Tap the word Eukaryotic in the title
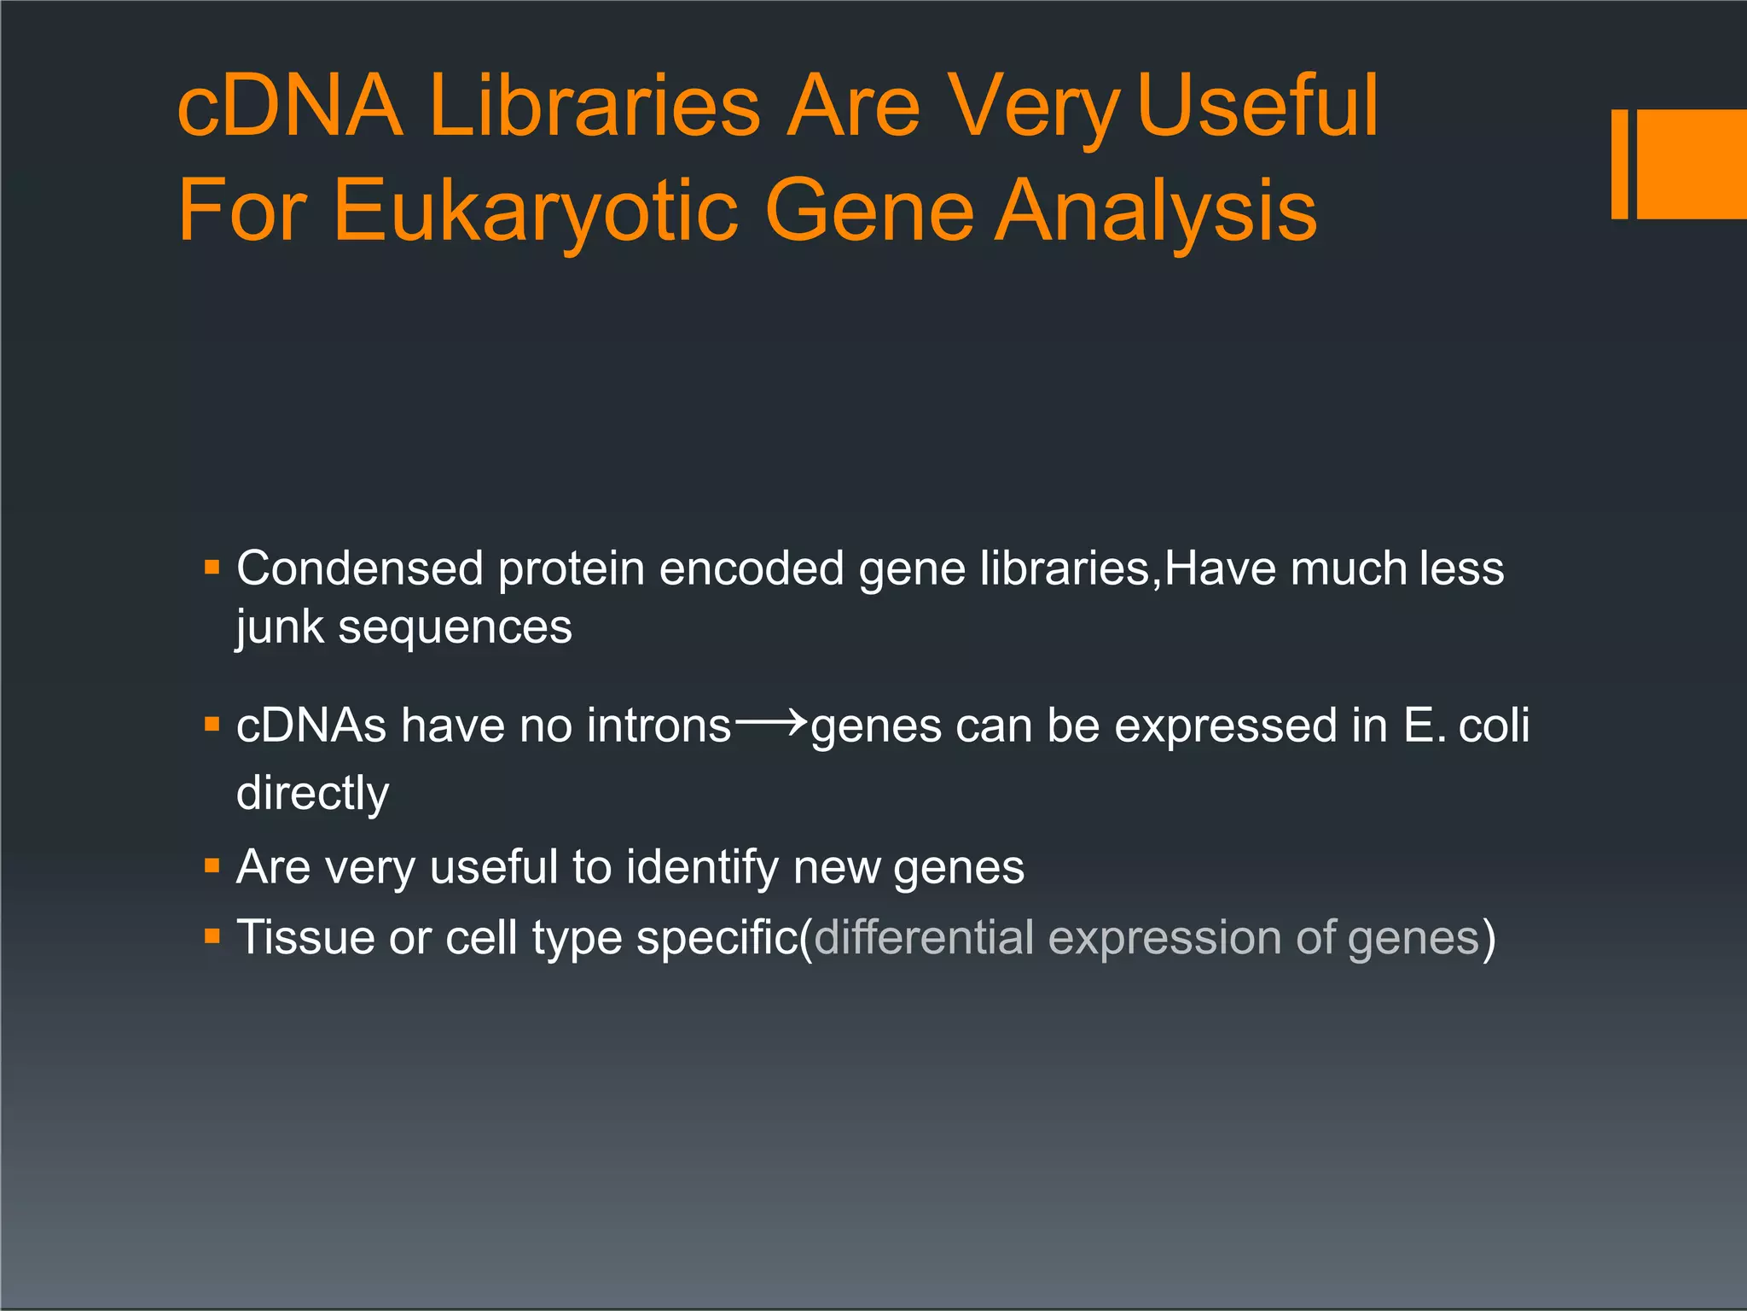pos(535,211)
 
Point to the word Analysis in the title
pos(1157,211)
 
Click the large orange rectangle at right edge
pos(1692,164)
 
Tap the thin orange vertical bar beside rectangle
pos(1620,164)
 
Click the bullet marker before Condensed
pos(212,568)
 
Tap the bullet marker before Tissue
pos(212,937)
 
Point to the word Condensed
pos(360,568)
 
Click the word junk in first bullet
pos(280,628)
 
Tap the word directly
pos(312,794)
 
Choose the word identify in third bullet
pos(702,868)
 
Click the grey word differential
pos(924,938)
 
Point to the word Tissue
pos(305,938)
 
